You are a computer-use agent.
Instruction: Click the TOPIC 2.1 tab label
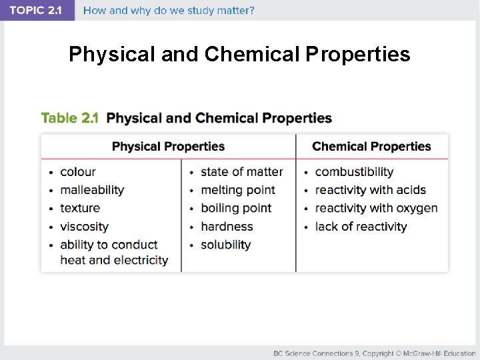pyautogui.click(x=36, y=11)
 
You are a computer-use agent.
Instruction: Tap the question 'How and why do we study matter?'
pyautogui.click(x=169, y=11)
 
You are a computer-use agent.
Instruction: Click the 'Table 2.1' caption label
pyautogui.click(x=69, y=118)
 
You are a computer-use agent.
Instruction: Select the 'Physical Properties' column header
pyautogui.click(x=168, y=147)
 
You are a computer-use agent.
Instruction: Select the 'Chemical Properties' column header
pyautogui.click(x=371, y=147)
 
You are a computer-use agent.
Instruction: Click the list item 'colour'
pyautogui.click(x=78, y=172)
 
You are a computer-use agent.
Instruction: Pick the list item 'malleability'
pyautogui.click(x=92, y=190)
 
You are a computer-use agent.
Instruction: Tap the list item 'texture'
pyautogui.click(x=80, y=208)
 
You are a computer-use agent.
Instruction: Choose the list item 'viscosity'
pyautogui.click(x=84, y=227)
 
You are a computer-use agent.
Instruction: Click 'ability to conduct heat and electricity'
pyautogui.click(x=113, y=253)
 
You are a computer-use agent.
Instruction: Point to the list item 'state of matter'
pyautogui.click(x=241, y=172)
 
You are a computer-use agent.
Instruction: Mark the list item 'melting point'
pyautogui.click(x=237, y=190)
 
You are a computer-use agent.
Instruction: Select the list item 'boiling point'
pyautogui.click(x=236, y=208)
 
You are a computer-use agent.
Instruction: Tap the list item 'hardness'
pyautogui.click(x=227, y=227)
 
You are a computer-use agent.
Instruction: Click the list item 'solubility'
pyautogui.click(x=225, y=245)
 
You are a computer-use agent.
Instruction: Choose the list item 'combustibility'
pyautogui.click(x=354, y=172)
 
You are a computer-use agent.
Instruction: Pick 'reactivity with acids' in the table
pyautogui.click(x=370, y=190)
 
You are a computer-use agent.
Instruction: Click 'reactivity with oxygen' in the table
pyautogui.click(x=376, y=208)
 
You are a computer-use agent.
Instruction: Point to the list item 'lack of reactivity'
pyautogui.click(x=361, y=227)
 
